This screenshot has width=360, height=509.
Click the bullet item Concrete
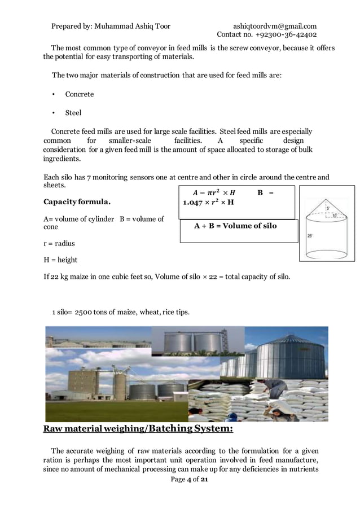click(80, 94)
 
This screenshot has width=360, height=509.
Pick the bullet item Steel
click(73, 113)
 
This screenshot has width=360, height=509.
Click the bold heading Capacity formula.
click(77, 201)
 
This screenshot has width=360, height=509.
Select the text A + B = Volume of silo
click(235, 226)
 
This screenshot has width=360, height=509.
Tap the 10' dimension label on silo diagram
click(335, 216)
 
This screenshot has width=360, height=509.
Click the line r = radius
click(59, 244)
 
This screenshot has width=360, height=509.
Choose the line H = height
click(60, 260)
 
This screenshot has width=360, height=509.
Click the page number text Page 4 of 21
click(188, 480)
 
